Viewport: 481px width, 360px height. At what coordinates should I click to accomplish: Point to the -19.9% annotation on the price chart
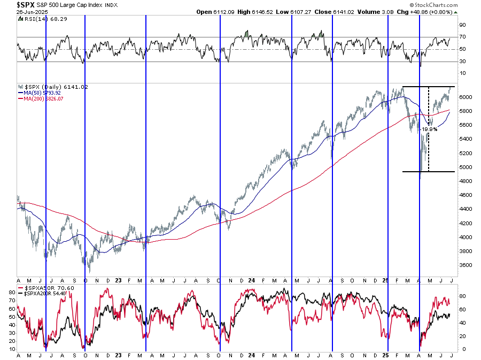[x=429, y=129]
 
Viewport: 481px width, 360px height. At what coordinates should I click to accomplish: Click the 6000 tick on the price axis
[x=463, y=97]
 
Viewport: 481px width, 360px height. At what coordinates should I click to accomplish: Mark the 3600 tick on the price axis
[x=463, y=265]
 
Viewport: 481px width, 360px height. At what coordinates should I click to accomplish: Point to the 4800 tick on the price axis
[x=463, y=181]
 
